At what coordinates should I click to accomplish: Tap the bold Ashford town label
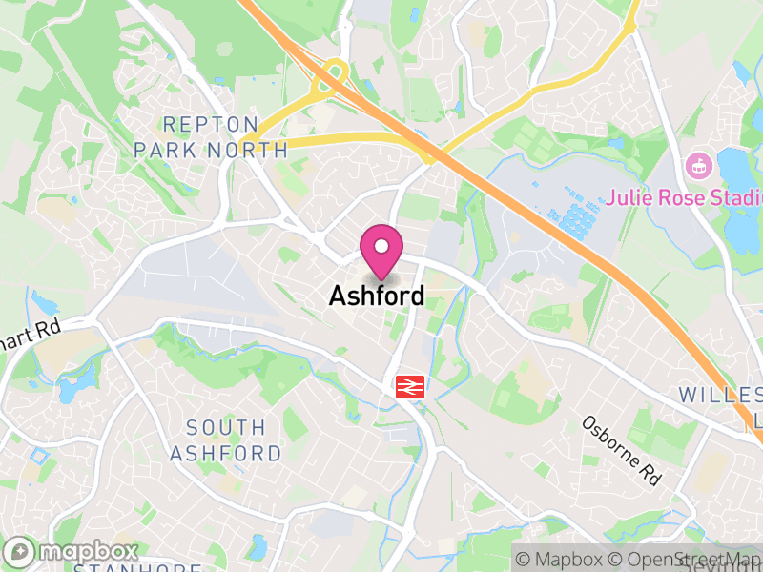coord(377,296)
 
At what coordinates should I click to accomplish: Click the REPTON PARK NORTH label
coord(210,137)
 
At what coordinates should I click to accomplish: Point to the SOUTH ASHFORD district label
coord(226,440)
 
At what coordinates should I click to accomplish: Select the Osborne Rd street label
coord(622,450)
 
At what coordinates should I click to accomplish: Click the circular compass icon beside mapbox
coord(19,552)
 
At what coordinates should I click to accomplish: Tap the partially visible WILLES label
coord(720,395)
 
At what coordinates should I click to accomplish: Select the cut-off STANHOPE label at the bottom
coord(138,567)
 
